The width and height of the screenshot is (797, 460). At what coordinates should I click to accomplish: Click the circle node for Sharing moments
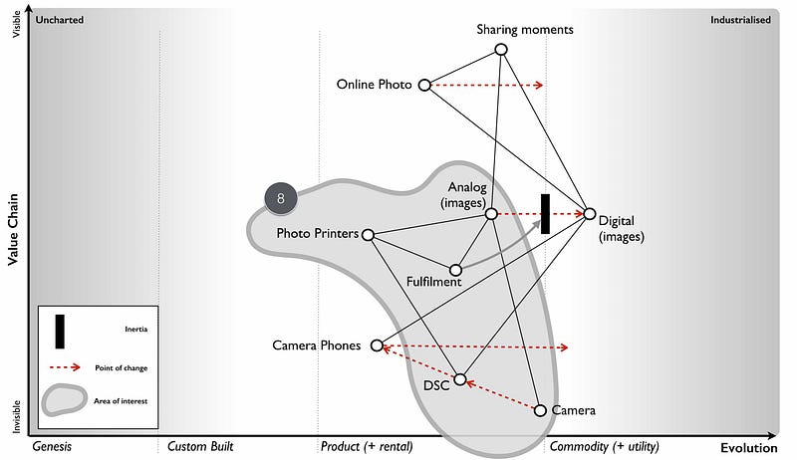pos(502,49)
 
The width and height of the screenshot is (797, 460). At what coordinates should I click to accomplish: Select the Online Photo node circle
pos(424,86)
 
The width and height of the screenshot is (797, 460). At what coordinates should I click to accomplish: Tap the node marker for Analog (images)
pos(491,214)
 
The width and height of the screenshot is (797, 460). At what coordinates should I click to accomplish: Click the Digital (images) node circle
pos(589,214)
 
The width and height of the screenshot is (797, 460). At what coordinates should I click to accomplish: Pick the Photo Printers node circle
pos(368,235)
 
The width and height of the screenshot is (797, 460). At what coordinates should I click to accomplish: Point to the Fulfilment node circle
pos(455,270)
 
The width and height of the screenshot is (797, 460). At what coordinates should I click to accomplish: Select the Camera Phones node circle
pos(377,345)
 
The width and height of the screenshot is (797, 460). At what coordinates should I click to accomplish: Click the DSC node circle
pos(459,379)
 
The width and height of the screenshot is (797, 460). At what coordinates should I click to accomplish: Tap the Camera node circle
pos(540,410)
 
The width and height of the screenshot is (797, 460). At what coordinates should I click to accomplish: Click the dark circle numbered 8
pos(281,198)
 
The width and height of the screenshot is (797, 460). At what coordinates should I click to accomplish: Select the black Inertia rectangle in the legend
pos(61,332)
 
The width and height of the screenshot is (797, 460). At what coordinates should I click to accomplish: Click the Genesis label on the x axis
pos(53,447)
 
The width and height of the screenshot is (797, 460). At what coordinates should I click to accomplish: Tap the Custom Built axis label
pos(200,447)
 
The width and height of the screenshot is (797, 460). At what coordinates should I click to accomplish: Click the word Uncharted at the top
pos(60,19)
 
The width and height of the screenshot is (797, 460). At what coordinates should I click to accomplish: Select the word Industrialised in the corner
pos(739,19)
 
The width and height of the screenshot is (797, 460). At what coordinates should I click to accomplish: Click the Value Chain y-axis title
pos(13,229)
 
